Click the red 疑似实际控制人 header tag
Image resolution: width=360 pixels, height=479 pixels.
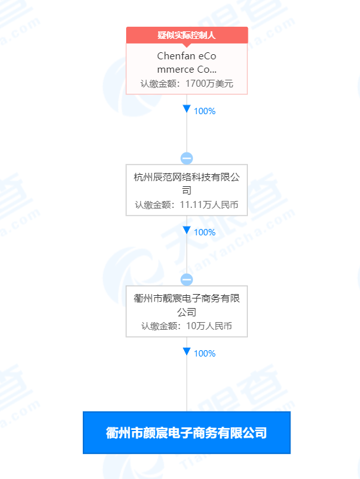pos(187,35)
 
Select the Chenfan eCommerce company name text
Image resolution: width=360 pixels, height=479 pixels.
pos(187,63)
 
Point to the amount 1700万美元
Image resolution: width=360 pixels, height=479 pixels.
pos(209,84)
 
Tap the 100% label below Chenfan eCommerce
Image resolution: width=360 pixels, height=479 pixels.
pos(205,111)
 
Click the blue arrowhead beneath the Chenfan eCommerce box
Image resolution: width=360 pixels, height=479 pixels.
pos(187,109)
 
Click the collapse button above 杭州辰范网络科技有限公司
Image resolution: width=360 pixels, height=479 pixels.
pos(187,158)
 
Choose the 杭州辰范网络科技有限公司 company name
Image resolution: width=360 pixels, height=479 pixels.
pos(187,183)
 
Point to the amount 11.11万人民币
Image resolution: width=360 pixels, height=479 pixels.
pos(209,205)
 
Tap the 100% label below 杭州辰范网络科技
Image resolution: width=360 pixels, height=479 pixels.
pos(205,232)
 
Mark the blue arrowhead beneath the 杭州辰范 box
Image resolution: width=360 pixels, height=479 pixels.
pos(187,230)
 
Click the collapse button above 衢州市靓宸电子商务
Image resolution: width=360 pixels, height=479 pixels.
pos(187,279)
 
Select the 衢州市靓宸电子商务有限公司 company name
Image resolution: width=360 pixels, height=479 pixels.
pos(187,305)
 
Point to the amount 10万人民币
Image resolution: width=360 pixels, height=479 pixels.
pos(209,326)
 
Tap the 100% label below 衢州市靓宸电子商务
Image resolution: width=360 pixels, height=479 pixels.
pos(205,354)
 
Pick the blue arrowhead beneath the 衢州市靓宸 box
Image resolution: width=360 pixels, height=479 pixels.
pos(187,351)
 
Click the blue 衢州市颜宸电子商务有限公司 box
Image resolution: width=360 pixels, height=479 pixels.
pos(187,432)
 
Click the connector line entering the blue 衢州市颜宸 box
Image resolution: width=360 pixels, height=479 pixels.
pos(187,383)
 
